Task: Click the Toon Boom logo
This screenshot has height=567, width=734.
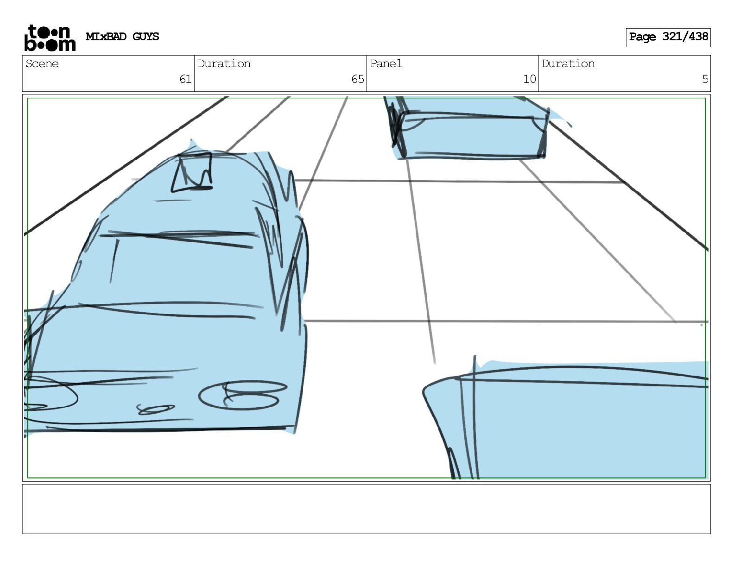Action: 50,38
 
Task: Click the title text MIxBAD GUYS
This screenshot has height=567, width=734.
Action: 122,37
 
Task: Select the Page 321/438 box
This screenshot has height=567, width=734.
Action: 668,37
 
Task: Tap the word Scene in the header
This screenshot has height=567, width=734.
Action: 42,63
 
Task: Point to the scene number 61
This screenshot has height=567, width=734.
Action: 185,79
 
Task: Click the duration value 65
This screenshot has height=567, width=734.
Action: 357,79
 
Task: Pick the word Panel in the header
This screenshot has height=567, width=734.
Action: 386,63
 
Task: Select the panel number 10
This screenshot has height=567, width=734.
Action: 529,79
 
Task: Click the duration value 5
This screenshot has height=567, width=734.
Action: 704,79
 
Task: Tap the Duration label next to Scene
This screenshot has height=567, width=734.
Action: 224,63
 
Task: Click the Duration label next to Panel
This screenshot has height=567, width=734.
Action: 568,63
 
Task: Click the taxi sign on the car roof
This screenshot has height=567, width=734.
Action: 192,172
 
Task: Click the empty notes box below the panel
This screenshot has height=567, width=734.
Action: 366,509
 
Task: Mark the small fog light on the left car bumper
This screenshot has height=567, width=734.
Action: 156,409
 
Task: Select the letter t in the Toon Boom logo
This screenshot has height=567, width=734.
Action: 33,32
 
